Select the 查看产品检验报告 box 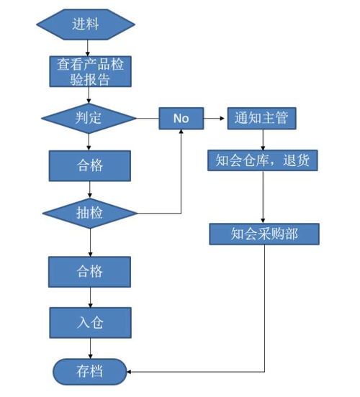click(89, 72)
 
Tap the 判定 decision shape click(89, 117)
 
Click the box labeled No click(180, 118)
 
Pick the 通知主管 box click(261, 118)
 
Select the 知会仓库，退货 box click(262, 160)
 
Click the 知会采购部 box click(264, 234)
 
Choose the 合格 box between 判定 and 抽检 click(89, 165)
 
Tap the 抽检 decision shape click(89, 214)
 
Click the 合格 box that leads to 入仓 click(89, 271)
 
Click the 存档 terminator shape click(89, 371)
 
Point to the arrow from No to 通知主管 click(214, 118)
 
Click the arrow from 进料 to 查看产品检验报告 click(89, 47)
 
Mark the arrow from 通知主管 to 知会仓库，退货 click(261, 139)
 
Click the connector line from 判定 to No click(148, 118)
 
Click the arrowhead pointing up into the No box click(180, 133)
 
